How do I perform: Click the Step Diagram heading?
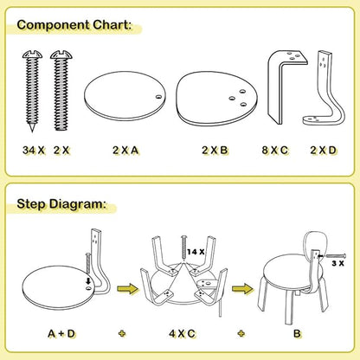coord(61,205)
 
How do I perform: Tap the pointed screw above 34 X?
coord(28,92)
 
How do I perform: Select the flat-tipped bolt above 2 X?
coord(60,86)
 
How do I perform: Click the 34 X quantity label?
coord(34,150)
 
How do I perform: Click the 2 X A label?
coord(125,150)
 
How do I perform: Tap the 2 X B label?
coord(215,150)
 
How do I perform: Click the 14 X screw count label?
coord(196,251)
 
